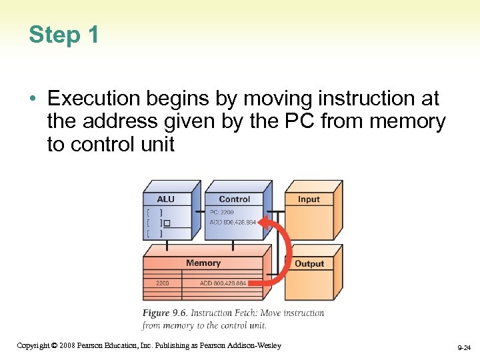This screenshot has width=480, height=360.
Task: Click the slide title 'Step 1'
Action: (x=64, y=35)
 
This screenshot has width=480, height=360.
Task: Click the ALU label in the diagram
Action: (x=165, y=199)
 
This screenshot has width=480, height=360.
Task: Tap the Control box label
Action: (x=235, y=199)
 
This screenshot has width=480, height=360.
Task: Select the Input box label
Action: (x=309, y=199)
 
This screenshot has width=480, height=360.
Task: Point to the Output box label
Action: (x=309, y=264)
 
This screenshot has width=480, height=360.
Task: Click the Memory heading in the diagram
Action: (x=203, y=263)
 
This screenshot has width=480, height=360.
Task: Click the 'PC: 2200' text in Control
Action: (x=222, y=213)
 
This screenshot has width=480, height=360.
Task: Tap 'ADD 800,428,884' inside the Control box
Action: (x=233, y=222)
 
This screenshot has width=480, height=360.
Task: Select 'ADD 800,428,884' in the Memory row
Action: (x=223, y=283)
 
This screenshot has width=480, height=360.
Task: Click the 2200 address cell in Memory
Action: (x=163, y=283)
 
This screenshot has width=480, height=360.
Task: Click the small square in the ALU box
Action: (x=167, y=223)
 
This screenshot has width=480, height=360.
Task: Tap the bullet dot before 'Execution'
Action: (x=33, y=99)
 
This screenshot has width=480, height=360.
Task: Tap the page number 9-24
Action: (x=463, y=347)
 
